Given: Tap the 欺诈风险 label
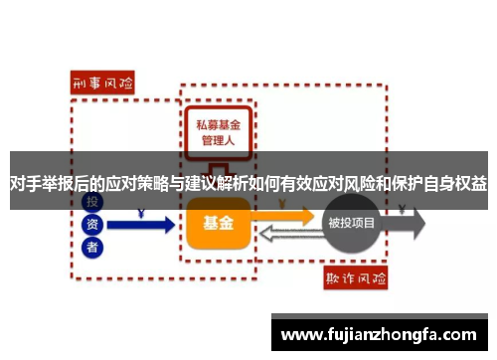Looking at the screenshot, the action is pos(359,276).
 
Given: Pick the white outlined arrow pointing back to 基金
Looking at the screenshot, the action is pos(288,235).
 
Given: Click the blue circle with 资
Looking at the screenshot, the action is pos(92,225).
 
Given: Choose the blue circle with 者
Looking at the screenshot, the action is pos(92,248).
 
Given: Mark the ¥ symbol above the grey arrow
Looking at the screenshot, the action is pos(400,210).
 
